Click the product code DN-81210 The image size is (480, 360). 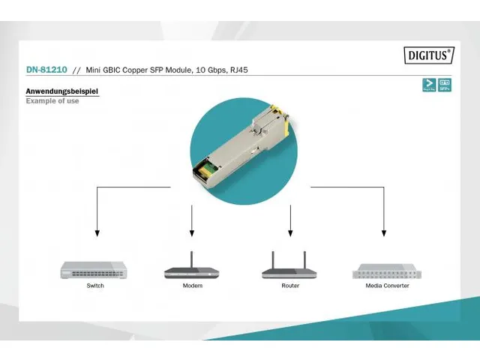[x=46, y=70]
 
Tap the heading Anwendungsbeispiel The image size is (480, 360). [x=61, y=91]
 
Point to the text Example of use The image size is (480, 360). [x=52, y=100]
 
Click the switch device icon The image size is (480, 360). [x=95, y=270]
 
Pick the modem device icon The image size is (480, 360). [x=192, y=270]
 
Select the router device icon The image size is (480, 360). [x=290, y=268]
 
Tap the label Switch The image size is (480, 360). [x=95, y=286]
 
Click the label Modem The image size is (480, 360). [x=192, y=286]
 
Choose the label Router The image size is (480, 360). [x=290, y=286]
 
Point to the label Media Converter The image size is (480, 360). [x=387, y=286]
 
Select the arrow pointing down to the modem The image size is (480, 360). [x=192, y=221]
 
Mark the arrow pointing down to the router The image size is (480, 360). [x=290, y=221]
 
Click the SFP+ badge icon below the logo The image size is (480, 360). [x=445, y=85]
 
